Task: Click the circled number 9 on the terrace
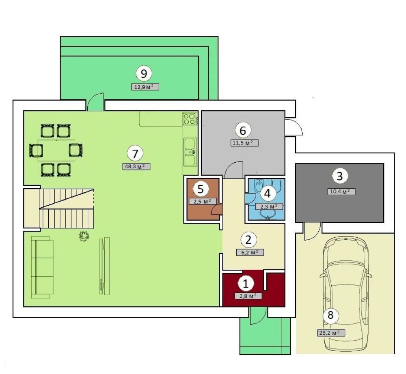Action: (144, 73)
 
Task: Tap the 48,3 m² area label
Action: (136, 166)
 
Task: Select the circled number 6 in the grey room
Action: (243, 130)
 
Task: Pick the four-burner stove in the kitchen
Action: (189, 119)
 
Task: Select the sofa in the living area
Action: (42, 267)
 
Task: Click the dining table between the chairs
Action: (56, 150)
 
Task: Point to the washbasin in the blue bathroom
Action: (268, 214)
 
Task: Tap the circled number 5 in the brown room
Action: (201, 189)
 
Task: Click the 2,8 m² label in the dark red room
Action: (248, 296)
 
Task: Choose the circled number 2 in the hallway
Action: (248, 240)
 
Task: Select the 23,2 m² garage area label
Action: (331, 333)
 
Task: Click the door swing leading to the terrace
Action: (95, 101)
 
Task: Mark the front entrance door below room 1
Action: (258, 316)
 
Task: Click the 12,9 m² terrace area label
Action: (145, 87)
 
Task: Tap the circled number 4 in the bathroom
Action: (268, 193)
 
